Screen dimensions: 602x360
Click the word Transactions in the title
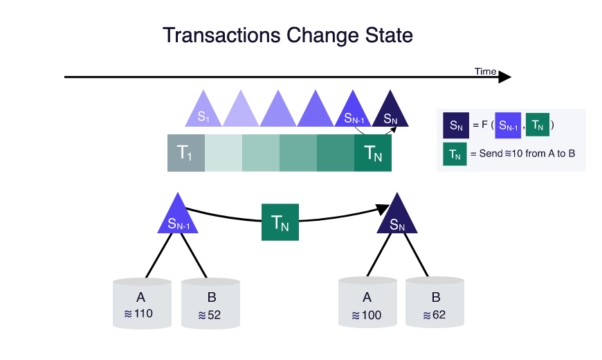pyautogui.click(x=222, y=35)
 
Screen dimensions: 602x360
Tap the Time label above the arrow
pyautogui.click(x=485, y=71)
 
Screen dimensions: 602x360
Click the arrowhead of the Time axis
pyautogui.click(x=504, y=78)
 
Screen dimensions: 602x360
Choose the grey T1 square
pyautogui.click(x=186, y=153)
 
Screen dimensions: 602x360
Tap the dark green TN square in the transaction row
pyautogui.click(x=373, y=153)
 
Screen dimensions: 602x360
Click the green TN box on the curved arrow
pyautogui.click(x=280, y=222)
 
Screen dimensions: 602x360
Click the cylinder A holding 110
pyautogui.click(x=142, y=303)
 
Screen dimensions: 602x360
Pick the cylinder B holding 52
pyautogui.click(x=211, y=303)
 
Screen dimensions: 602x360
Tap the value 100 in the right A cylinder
pyautogui.click(x=372, y=316)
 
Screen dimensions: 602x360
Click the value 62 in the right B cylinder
pyautogui.click(x=439, y=315)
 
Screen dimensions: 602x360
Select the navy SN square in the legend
pyautogui.click(x=456, y=125)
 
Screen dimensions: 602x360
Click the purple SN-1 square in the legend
pyautogui.click(x=508, y=125)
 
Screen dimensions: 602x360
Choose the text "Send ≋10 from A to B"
pyautogui.click(x=527, y=154)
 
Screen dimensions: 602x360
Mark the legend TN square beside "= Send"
pyautogui.click(x=455, y=154)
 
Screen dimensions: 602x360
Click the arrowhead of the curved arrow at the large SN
pyautogui.click(x=383, y=209)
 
